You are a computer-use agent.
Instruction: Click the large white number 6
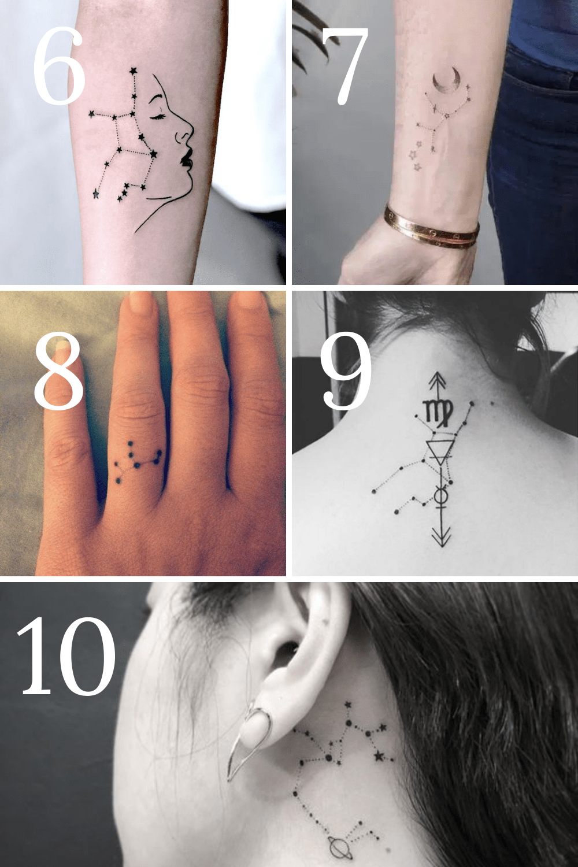59,66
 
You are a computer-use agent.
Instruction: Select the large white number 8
59,372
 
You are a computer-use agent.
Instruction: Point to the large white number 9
345,371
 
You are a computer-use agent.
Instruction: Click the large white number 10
66,656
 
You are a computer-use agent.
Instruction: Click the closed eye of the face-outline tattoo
162,117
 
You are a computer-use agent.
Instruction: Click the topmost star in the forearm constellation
134,71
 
